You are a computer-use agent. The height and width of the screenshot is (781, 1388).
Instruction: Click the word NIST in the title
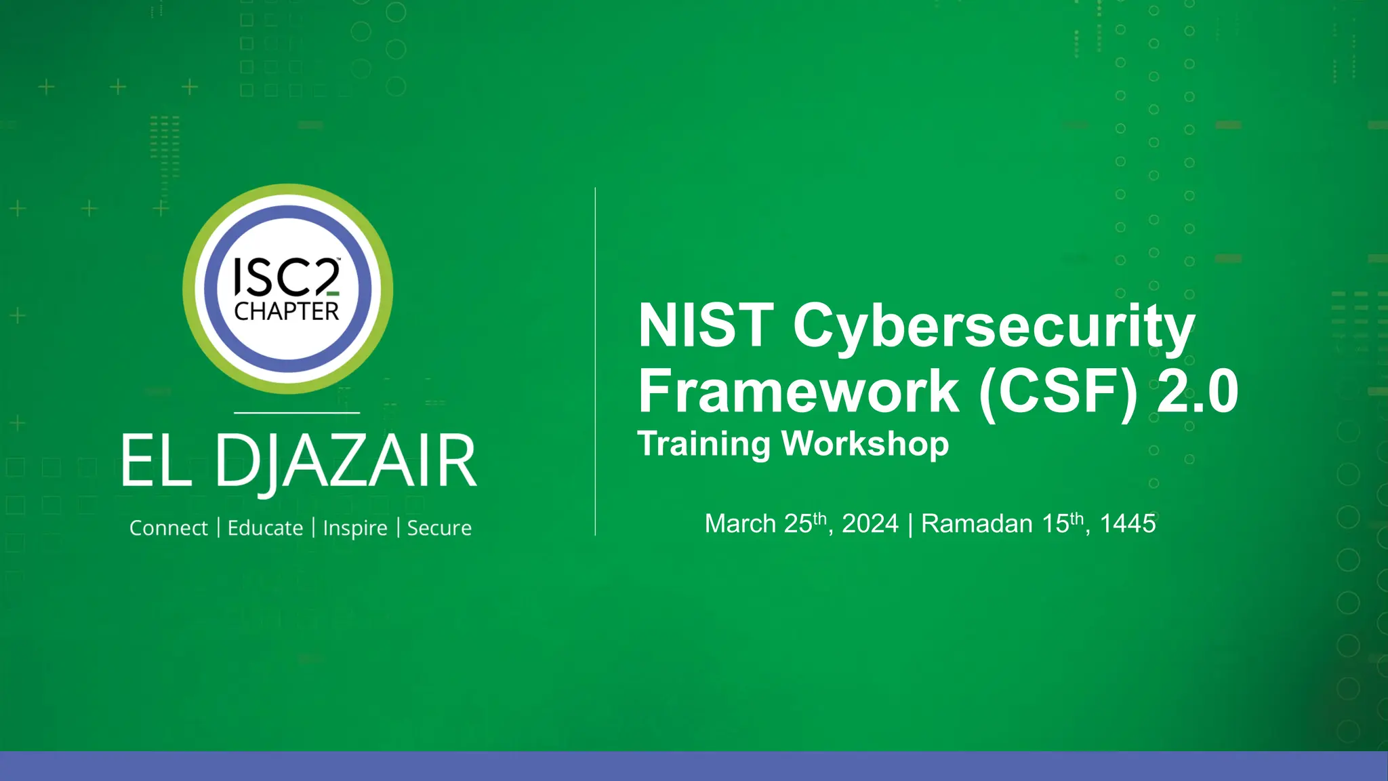(706, 326)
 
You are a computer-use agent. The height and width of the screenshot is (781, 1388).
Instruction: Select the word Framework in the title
(798, 391)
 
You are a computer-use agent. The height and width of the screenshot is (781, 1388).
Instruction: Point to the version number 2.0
(1198, 391)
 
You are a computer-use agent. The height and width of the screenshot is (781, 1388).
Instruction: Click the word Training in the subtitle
(703, 445)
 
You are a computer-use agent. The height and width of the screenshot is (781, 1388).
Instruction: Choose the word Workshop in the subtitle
(865, 445)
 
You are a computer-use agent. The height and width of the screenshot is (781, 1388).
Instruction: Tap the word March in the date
(740, 524)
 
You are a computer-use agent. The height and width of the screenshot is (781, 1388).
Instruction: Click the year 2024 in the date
(870, 524)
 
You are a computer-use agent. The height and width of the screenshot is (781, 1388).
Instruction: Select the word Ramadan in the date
(977, 524)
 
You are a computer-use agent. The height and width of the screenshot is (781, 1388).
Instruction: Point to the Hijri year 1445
(1128, 524)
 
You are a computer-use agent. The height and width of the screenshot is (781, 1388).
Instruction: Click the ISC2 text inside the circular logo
(286, 277)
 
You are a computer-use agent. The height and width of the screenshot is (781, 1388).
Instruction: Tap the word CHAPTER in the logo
(287, 311)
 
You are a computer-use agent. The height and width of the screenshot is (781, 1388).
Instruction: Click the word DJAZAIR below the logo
(346, 462)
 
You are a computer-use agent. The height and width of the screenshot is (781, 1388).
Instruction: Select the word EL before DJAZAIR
(156, 462)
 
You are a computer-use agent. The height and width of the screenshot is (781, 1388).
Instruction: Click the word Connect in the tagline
(168, 528)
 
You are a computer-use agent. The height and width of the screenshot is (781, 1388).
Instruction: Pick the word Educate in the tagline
(265, 528)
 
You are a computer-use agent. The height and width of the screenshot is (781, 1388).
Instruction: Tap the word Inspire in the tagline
(355, 528)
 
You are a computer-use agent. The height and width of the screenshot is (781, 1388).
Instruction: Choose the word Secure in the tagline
(439, 528)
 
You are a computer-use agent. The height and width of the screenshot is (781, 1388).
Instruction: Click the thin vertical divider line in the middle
(595, 361)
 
